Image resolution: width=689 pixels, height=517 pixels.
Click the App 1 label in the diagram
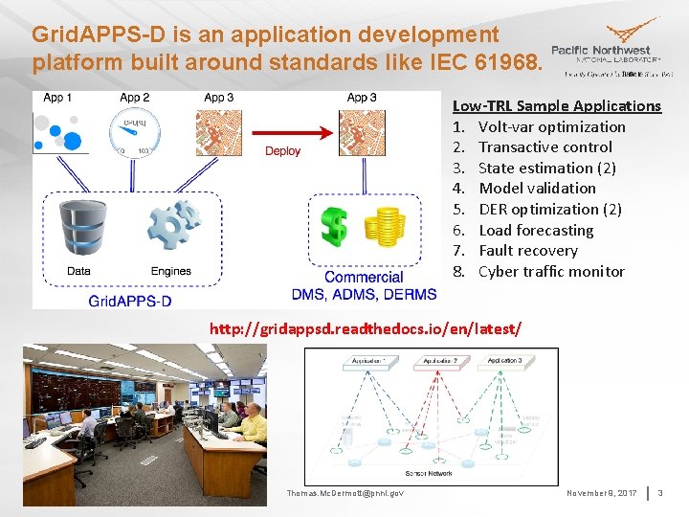pyautogui.click(x=54, y=98)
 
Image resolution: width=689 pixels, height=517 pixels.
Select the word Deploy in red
pyautogui.click(x=282, y=151)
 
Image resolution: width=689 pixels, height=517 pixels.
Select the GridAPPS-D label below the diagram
pyautogui.click(x=130, y=301)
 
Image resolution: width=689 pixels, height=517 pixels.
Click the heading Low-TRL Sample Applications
pyautogui.click(x=556, y=105)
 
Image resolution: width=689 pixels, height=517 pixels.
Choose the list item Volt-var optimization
pyautogui.click(x=551, y=126)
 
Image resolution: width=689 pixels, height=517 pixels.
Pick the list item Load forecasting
pyautogui.click(x=536, y=230)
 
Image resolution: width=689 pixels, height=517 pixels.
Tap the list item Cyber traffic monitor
pyautogui.click(x=551, y=271)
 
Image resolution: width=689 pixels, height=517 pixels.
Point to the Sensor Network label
pyautogui.click(x=429, y=474)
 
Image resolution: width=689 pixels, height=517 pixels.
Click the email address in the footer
pyautogui.click(x=345, y=493)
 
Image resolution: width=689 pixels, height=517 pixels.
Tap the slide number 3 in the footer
pyautogui.click(x=660, y=493)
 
